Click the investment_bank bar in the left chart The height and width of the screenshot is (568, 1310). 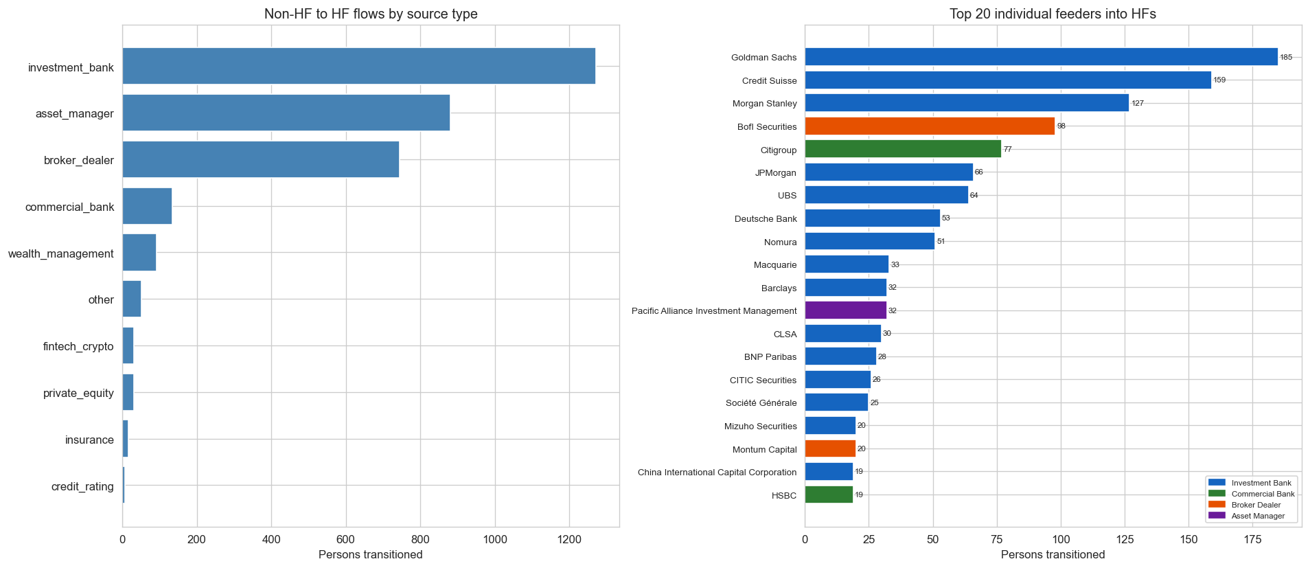pos(358,66)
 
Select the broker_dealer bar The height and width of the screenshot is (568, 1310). pos(260,159)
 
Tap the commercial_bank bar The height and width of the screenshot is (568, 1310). pos(147,206)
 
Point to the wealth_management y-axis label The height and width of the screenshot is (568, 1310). pos(61,253)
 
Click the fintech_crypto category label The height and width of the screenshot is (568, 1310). pos(78,346)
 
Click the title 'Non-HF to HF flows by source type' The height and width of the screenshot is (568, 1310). pos(371,14)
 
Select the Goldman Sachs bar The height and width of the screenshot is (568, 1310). pos(1041,57)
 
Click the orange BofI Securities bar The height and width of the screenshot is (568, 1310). pos(930,126)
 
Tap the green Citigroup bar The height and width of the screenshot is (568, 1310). pos(903,149)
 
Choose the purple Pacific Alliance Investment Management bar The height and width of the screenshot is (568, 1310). pos(845,310)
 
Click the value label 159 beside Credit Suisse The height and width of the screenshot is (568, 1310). pos(1219,80)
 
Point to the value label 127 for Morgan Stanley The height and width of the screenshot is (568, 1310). pos(1138,104)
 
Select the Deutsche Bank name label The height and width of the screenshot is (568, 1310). pos(766,219)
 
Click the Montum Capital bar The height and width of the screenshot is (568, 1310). pos(830,448)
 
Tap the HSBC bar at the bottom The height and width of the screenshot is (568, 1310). pos(829,495)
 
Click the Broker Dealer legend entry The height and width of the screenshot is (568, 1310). pos(1256,505)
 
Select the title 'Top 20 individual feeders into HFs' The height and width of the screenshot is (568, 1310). pos(1053,14)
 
